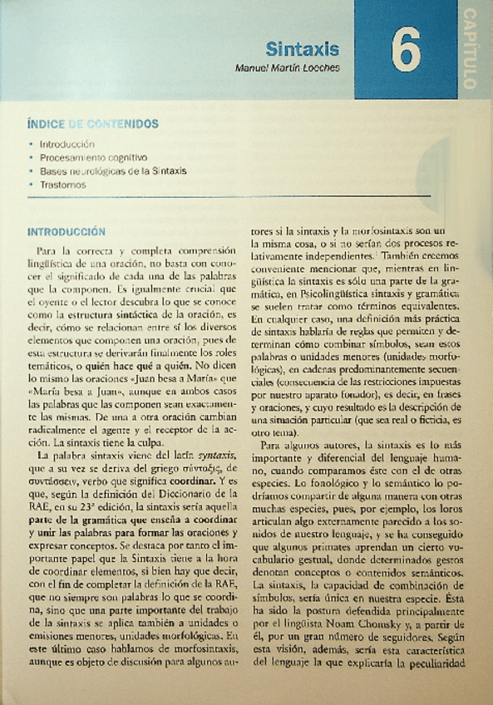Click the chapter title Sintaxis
(303, 48)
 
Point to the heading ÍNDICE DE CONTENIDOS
(91, 124)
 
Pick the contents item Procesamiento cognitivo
(93, 157)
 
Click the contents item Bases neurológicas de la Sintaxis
(113, 170)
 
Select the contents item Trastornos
(62, 185)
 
